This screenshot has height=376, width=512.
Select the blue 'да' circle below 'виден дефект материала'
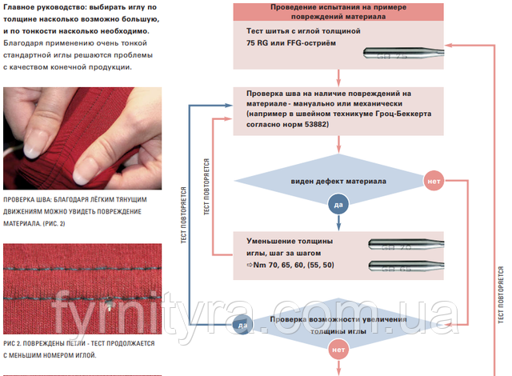tap(338, 205)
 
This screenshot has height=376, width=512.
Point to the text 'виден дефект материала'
tap(338, 181)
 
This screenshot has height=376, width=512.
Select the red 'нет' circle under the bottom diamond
tap(338, 350)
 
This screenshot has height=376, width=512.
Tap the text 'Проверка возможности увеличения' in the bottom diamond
tap(338, 320)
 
